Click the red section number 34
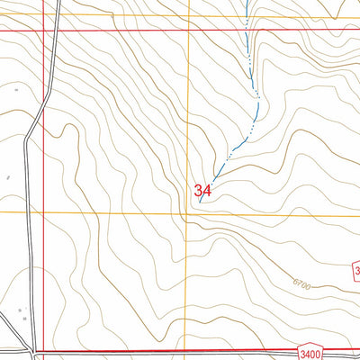[202, 191]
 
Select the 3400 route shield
[310, 354]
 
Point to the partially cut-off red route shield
[355, 270]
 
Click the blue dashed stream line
[255, 99]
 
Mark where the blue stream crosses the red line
[247, 29]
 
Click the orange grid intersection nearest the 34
[188, 212]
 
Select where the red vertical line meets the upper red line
[44, 29]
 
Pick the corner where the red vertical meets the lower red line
[44, 351]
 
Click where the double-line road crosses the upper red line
[52, 29]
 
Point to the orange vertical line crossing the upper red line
[188, 29]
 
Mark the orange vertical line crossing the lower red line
[188, 351]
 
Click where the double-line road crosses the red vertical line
[44, 99]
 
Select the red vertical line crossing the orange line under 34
[44, 212]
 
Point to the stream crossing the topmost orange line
[247, 15]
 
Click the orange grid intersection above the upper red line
[188, 15]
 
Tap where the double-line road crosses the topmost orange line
[54, 15]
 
